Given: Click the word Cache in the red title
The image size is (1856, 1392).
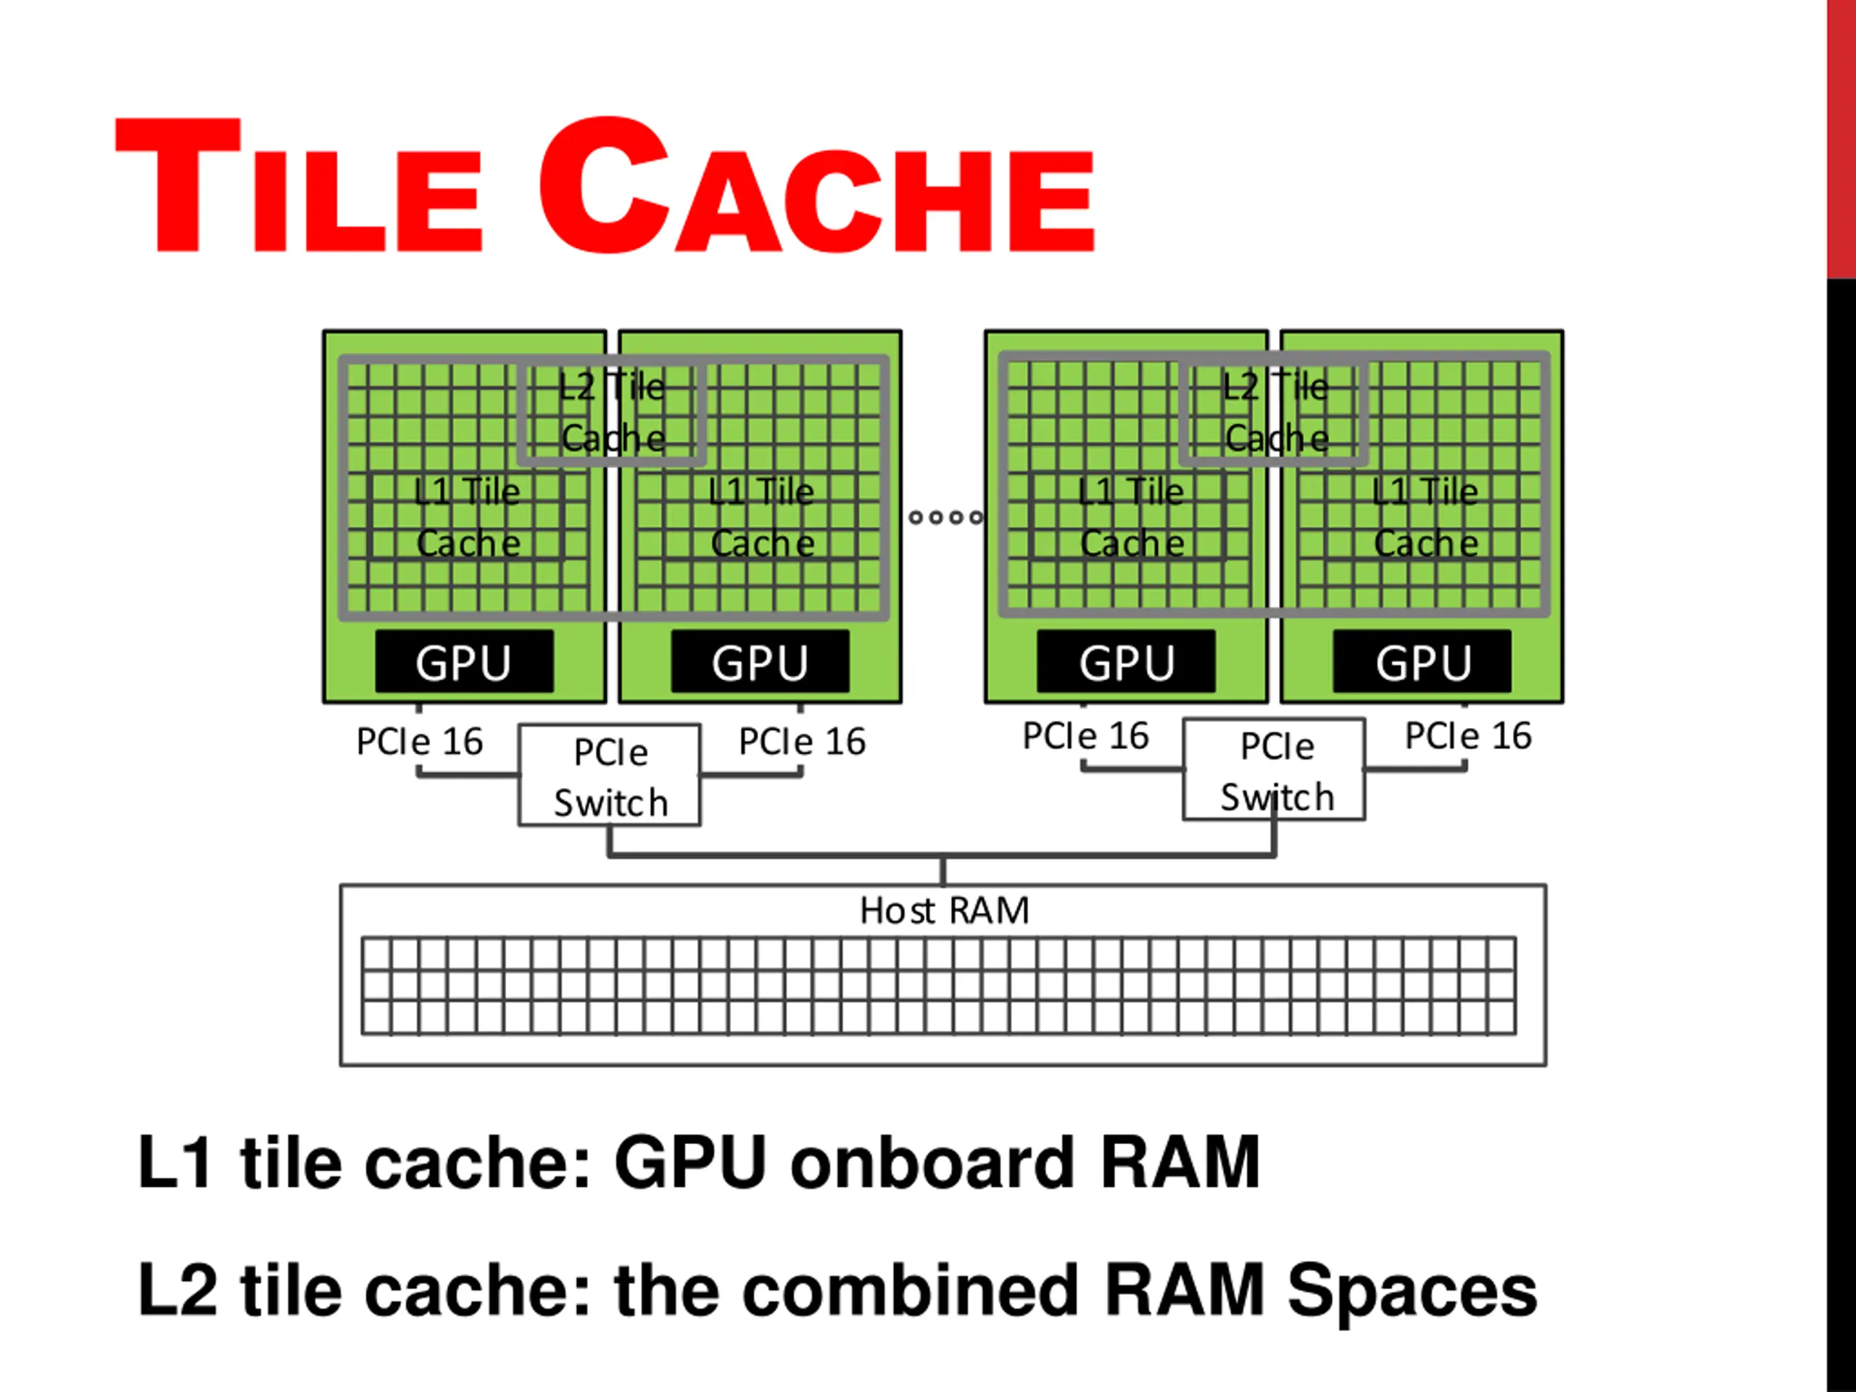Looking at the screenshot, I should pos(816,186).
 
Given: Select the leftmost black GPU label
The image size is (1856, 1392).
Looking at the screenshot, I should pos(464,662).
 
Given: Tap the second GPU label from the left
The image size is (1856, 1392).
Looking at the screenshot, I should pos(761,662).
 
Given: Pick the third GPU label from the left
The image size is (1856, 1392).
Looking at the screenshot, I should pos(1126,662).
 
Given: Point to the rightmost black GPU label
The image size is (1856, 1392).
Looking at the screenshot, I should pos(1422,662).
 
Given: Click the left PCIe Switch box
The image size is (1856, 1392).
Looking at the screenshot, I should pos(610,775).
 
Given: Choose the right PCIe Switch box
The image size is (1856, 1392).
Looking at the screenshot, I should pos(1274,769).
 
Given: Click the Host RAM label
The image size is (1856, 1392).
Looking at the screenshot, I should pos(944,911).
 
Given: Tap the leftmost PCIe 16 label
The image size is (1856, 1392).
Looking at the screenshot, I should pos(420,742).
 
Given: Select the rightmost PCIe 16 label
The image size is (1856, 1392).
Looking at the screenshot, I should pos(1468,736).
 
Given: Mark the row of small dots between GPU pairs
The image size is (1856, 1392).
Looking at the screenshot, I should pos(945,517).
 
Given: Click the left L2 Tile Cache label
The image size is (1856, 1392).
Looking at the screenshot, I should pos(613,413).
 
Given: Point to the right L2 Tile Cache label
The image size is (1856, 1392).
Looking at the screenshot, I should pos(1275,413).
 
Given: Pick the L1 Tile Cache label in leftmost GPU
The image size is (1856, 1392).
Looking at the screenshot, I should pos(468,517).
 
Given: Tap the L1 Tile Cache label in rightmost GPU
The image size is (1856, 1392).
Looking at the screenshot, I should pos(1425,517).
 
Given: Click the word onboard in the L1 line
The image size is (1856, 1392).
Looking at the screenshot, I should pos(932,1163).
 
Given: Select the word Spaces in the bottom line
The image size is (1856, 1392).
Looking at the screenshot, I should pos(1412,1290).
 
